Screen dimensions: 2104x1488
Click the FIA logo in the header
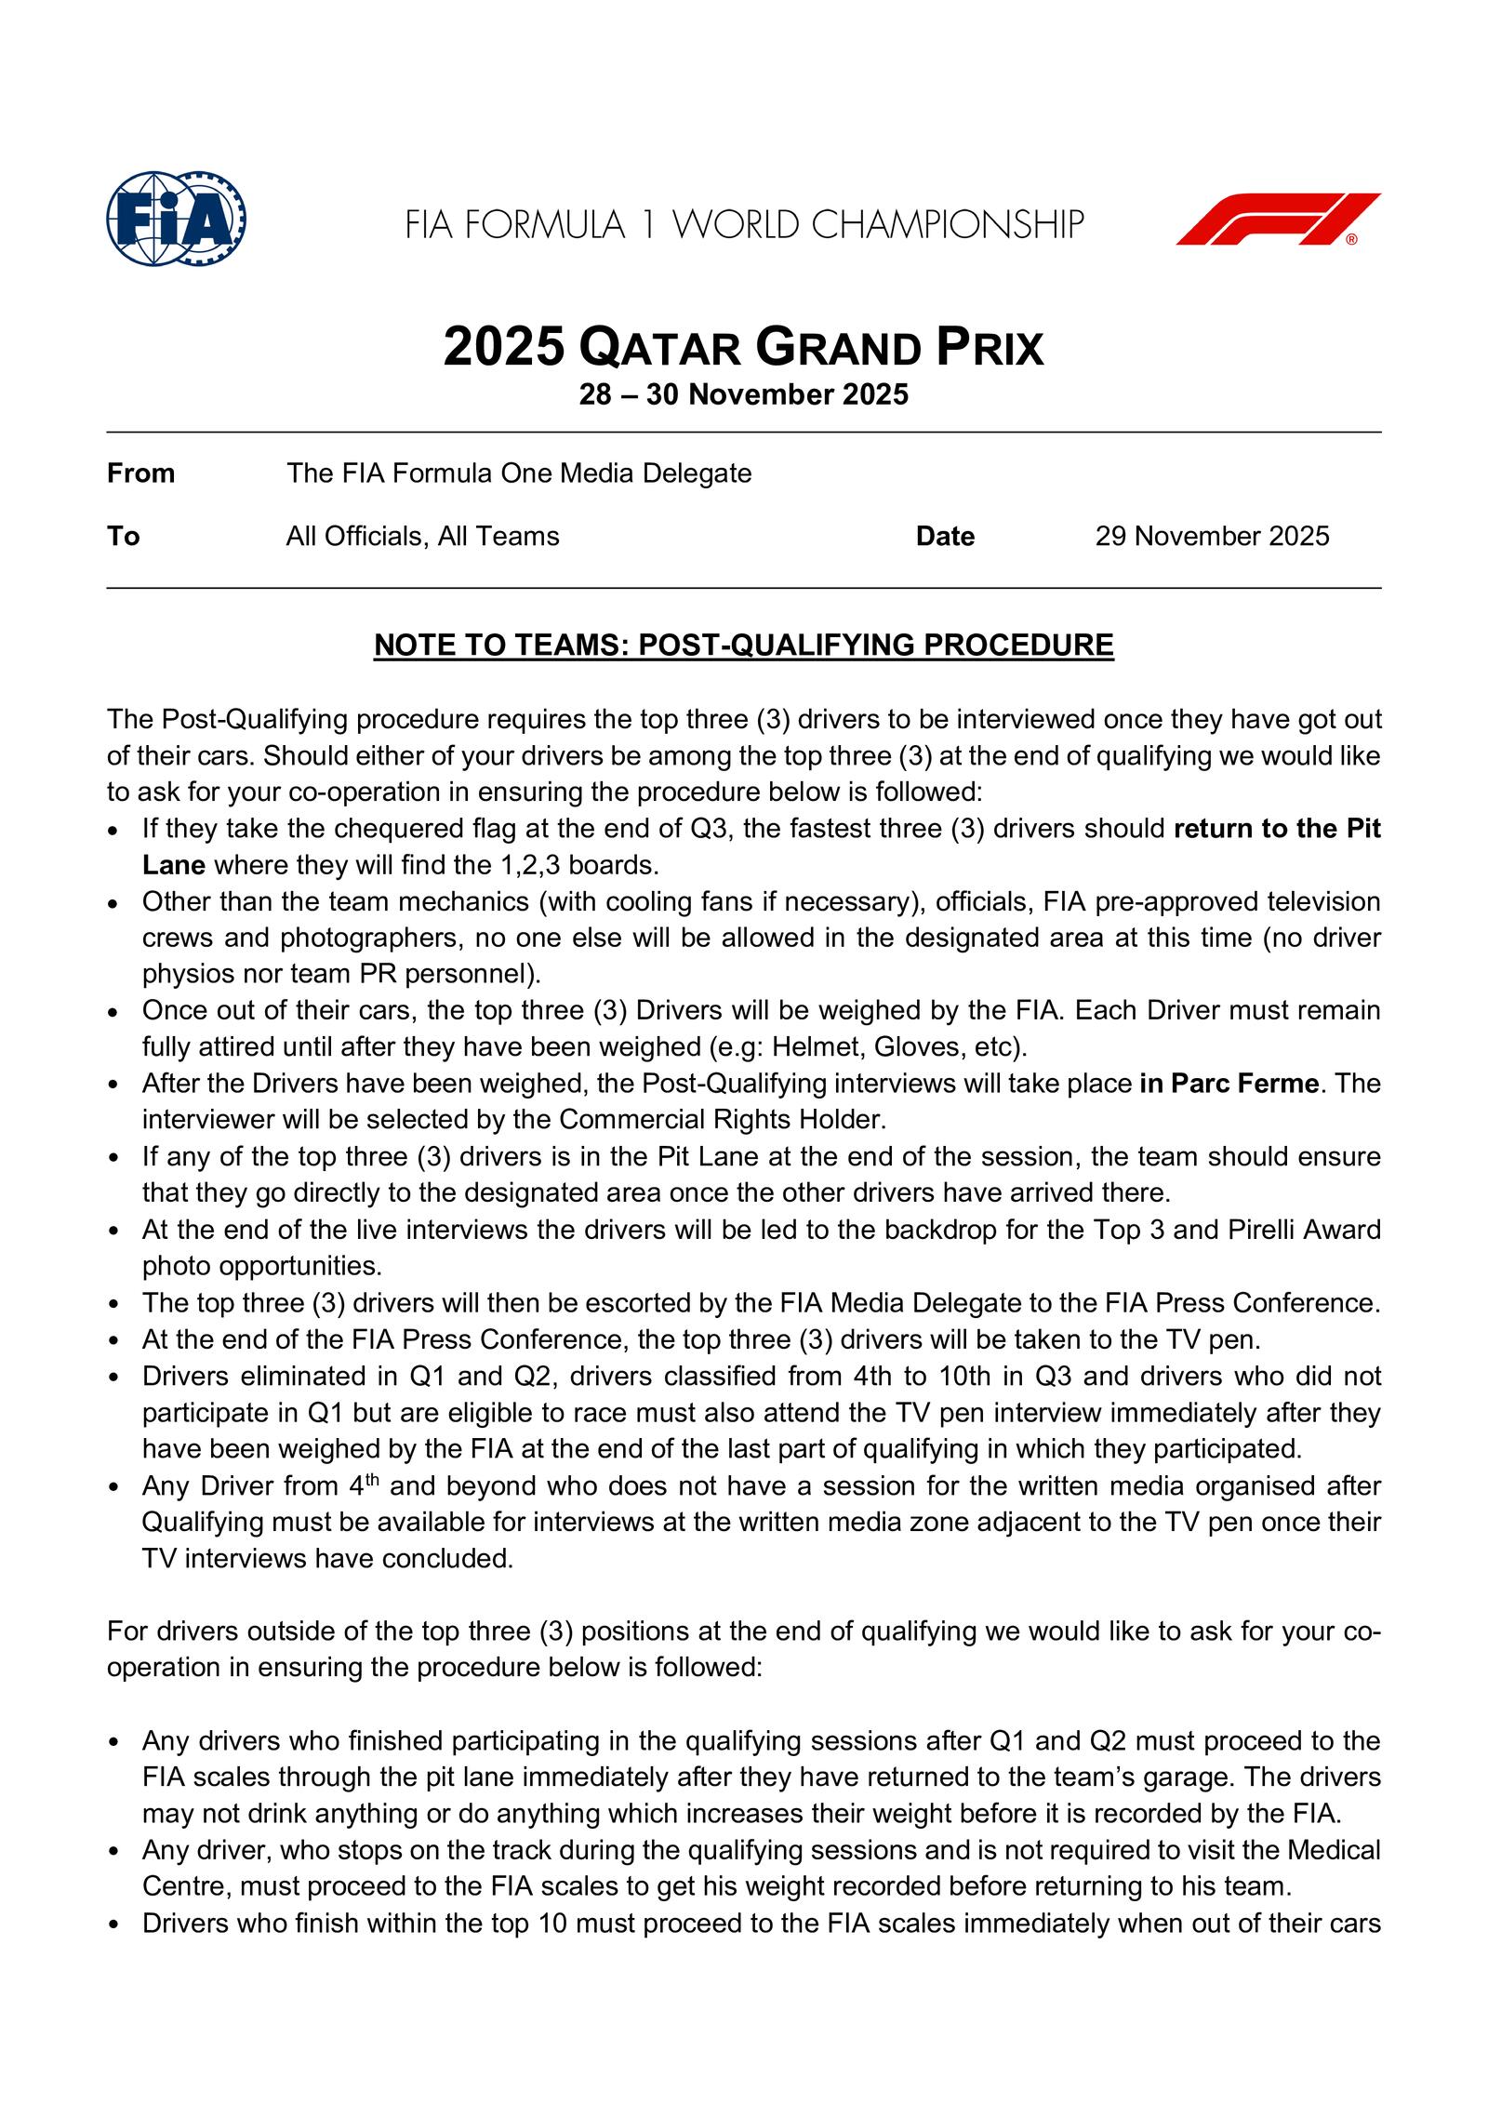[x=177, y=220]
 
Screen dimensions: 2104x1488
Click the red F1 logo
[x=1278, y=220]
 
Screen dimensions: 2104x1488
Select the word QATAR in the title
[x=659, y=350]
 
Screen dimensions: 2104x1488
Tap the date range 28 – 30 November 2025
[x=743, y=395]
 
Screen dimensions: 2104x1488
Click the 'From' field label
[x=140, y=473]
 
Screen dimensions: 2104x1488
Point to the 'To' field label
[x=123, y=537]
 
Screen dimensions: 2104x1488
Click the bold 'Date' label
[x=945, y=537]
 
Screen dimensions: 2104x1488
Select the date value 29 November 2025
[x=1212, y=537]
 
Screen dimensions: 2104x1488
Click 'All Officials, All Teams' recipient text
[x=422, y=537]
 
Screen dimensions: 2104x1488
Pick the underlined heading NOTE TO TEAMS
[x=743, y=646]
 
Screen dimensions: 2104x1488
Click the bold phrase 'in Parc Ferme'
[x=1229, y=1084]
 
